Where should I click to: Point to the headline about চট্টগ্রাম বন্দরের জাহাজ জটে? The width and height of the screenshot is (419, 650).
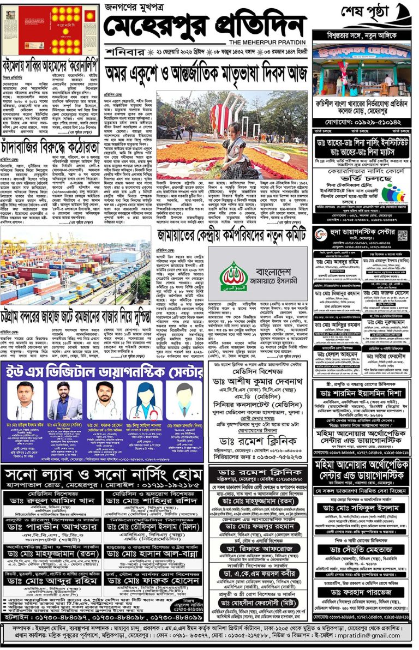(76, 313)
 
